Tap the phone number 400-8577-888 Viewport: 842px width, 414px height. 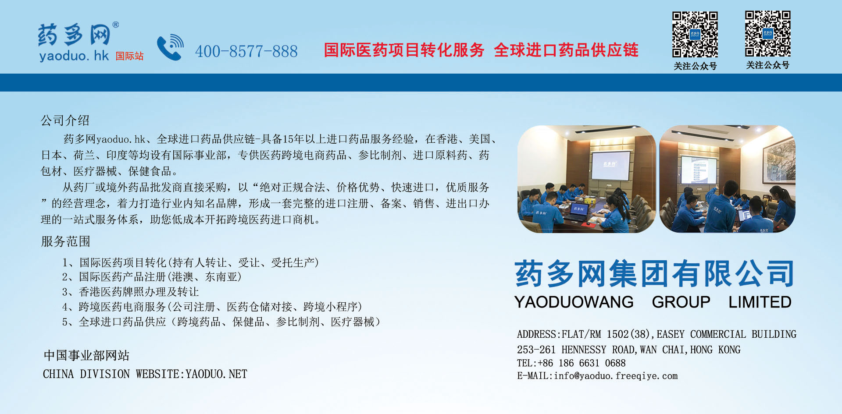246,51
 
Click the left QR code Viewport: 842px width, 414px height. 695,34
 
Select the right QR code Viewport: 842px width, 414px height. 768,34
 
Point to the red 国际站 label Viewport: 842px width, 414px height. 130,56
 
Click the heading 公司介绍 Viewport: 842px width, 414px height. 65,120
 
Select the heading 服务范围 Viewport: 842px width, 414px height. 65,241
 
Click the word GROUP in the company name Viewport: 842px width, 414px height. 681,302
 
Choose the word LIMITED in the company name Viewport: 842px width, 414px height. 760,302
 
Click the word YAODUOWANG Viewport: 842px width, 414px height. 574,302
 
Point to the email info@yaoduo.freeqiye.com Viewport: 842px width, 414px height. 616,376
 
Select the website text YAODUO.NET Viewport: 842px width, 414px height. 217,374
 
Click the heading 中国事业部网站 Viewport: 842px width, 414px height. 86,355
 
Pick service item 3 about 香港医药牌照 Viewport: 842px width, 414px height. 130,292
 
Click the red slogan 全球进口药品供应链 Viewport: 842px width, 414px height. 566,50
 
